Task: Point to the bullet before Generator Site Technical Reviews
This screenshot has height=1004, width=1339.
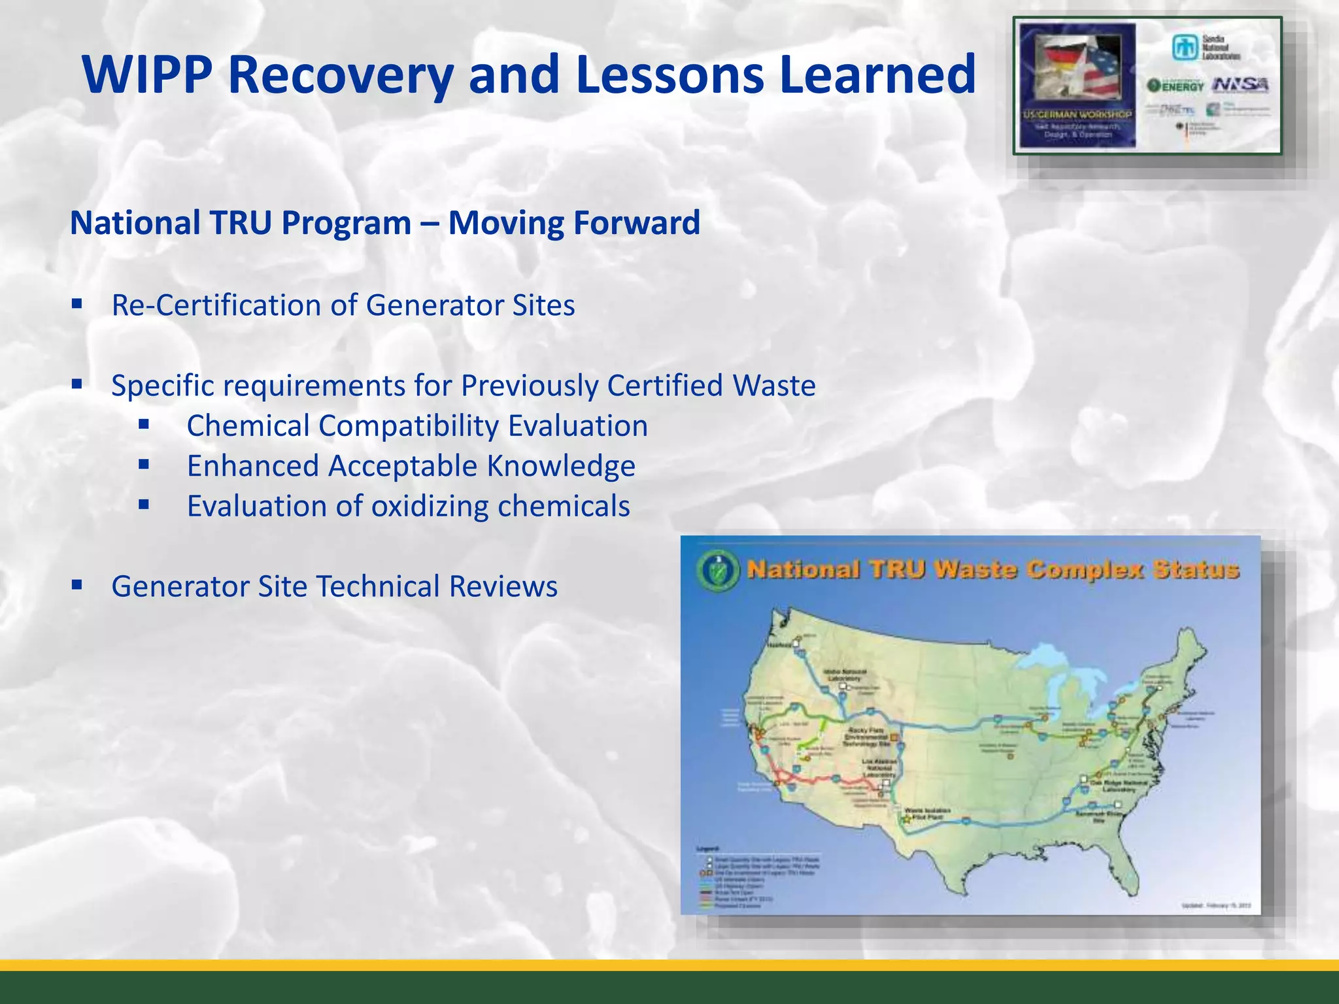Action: point(77,584)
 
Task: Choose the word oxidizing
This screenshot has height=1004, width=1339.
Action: point(430,507)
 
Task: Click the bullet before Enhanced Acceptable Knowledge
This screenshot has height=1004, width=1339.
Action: point(144,465)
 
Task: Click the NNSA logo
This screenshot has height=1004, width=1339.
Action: point(1240,85)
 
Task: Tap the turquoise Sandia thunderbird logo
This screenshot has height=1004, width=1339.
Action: point(1183,48)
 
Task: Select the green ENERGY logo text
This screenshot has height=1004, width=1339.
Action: point(1176,86)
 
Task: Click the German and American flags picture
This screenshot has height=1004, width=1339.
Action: point(1077,68)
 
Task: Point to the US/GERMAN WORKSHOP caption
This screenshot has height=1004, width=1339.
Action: point(1077,114)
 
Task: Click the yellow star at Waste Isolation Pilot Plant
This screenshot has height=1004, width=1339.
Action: point(907,818)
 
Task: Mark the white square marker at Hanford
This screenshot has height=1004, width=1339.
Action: point(796,644)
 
